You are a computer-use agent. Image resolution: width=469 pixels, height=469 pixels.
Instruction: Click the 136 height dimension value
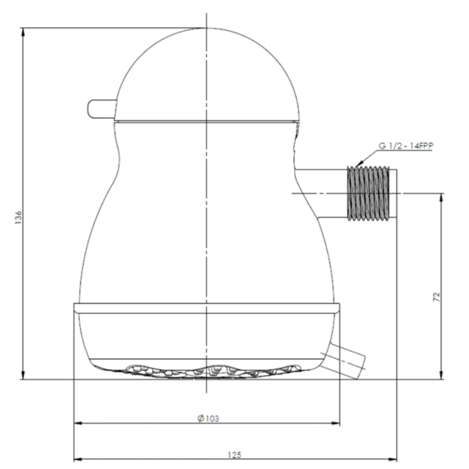click(18, 218)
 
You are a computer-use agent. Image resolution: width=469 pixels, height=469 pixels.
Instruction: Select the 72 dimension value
click(436, 297)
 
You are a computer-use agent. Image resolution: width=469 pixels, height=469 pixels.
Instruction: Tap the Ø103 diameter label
click(208, 418)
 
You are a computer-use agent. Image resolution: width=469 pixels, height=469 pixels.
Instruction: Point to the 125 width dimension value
click(234, 455)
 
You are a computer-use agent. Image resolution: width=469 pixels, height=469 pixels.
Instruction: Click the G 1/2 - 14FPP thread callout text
click(406, 146)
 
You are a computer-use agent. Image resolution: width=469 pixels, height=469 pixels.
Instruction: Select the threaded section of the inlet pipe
click(368, 194)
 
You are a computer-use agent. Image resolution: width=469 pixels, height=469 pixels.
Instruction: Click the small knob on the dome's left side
click(102, 108)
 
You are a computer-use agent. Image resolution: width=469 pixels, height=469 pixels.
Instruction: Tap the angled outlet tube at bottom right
click(347, 360)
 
